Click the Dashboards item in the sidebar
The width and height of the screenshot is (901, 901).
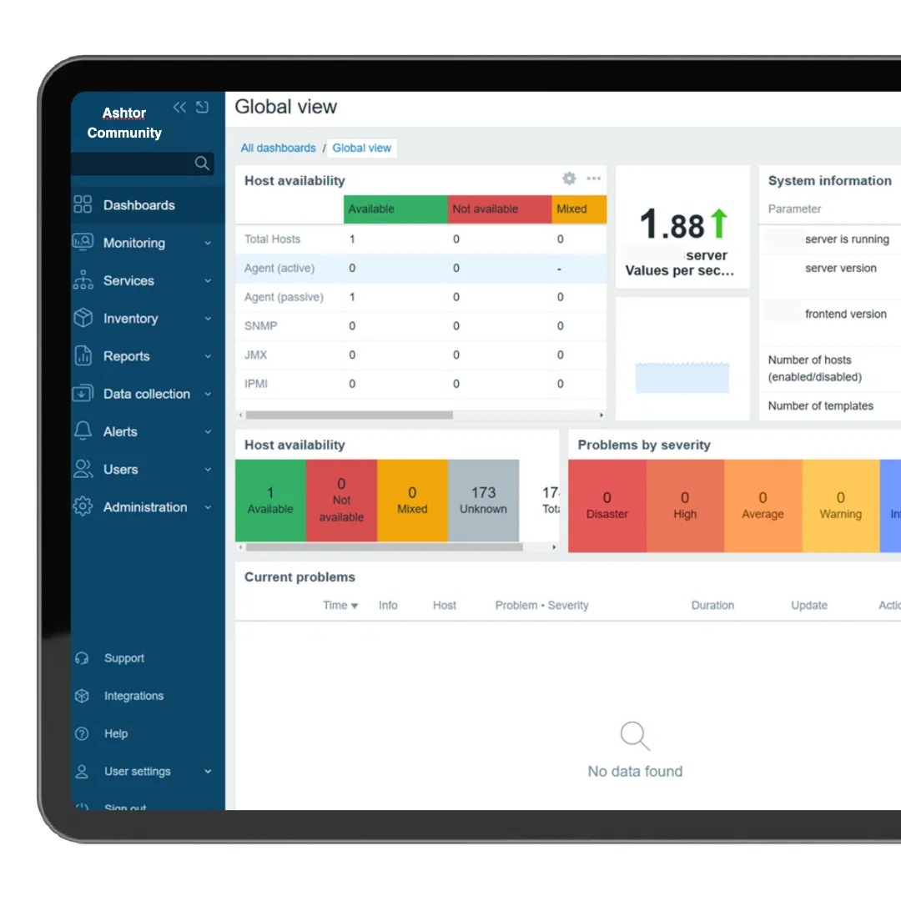[x=138, y=205]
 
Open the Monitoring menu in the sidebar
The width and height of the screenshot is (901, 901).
[x=133, y=243]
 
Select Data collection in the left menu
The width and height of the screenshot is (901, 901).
[x=146, y=394]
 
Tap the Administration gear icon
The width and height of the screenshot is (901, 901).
[x=83, y=506]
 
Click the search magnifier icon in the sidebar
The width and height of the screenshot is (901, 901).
[x=202, y=164]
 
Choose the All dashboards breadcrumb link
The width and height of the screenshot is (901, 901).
[x=278, y=148]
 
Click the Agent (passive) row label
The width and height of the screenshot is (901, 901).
[x=284, y=297]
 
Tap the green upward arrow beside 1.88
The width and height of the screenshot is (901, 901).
[x=718, y=224]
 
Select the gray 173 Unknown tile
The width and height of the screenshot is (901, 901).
[x=483, y=500]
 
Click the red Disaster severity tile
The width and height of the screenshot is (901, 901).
[x=607, y=506]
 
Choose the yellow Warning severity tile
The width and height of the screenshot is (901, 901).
[x=840, y=506]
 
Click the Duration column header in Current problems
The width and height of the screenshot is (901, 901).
[x=712, y=606]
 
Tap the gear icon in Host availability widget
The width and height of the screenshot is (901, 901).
[x=569, y=179]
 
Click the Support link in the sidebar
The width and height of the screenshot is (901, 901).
[x=123, y=658]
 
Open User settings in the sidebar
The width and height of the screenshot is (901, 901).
[x=137, y=772]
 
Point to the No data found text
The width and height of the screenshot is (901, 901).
[x=635, y=772]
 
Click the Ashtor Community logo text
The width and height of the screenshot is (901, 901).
[x=124, y=123]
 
